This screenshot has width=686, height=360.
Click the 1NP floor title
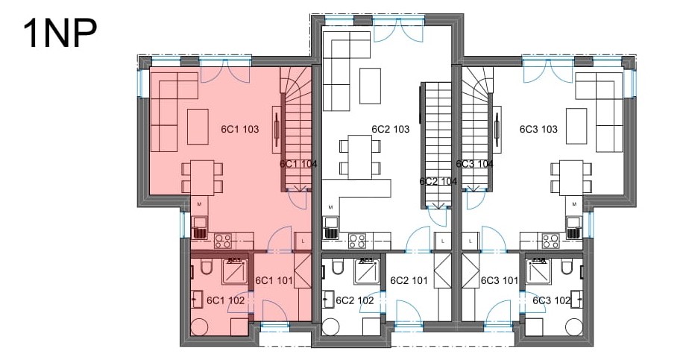pos(60,34)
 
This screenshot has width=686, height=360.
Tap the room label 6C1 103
pos(240,129)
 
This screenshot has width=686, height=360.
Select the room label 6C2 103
pos(390,129)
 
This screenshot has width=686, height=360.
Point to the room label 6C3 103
pos(538,129)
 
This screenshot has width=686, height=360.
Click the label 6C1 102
pos(225,300)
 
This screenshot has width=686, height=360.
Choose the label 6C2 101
pos(409,280)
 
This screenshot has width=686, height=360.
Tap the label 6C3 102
pos(551,300)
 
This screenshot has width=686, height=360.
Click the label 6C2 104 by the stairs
pos(438,182)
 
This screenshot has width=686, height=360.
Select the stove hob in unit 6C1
pos(223,241)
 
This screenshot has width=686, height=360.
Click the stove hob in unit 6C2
pos(357,241)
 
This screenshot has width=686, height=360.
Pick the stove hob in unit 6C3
pos(551,241)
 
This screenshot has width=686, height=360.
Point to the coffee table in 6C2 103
pos(370,85)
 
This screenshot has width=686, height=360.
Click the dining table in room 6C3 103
pos(572,177)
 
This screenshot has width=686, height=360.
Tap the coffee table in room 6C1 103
pos(198,127)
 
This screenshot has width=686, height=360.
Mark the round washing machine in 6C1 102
pos(200,326)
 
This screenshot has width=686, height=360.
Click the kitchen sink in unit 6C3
pos(573,227)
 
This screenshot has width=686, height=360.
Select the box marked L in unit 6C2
pos(443,241)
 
